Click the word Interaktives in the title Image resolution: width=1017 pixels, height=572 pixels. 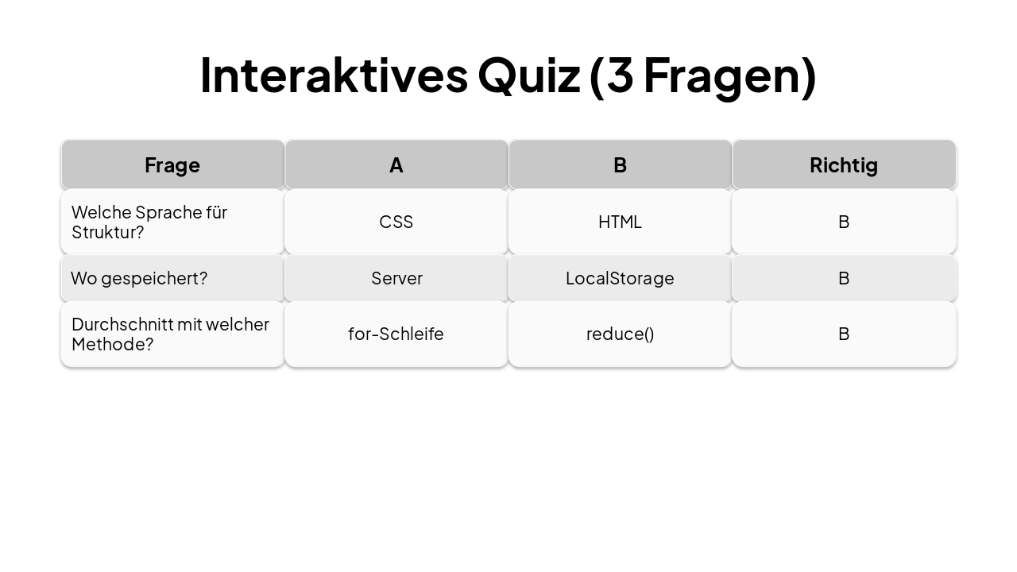tap(334, 75)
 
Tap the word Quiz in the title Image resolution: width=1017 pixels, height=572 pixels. tap(528, 75)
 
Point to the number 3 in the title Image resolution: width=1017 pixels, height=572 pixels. tap(618, 75)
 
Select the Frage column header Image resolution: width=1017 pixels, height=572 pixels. tap(172, 165)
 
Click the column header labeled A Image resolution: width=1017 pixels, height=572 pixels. tap(396, 165)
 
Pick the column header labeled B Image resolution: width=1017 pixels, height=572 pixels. tap(620, 165)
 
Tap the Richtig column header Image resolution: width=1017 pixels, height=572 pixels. tap(844, 165)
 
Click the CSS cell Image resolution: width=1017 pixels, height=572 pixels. tap(396, 222)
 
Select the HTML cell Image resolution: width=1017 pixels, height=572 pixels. tap(620, 222)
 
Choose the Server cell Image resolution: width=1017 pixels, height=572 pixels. tap(396, 278)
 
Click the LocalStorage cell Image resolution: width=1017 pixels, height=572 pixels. tap(620, 278)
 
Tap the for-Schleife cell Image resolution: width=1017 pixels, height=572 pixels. tap(396, 334)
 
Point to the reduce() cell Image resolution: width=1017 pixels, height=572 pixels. tap(620, 334)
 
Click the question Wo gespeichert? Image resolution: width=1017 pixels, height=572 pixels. tap(139, 278)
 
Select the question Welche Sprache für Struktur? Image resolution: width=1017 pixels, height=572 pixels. tap(149, 222)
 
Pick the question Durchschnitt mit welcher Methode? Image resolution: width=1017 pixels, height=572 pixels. tap(170, 334)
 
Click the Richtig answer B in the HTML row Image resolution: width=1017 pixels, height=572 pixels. tap(844, 222)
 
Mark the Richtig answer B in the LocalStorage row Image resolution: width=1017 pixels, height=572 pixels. tap(844, 278)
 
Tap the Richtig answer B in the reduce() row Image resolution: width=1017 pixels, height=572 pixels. tap(844, 334)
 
